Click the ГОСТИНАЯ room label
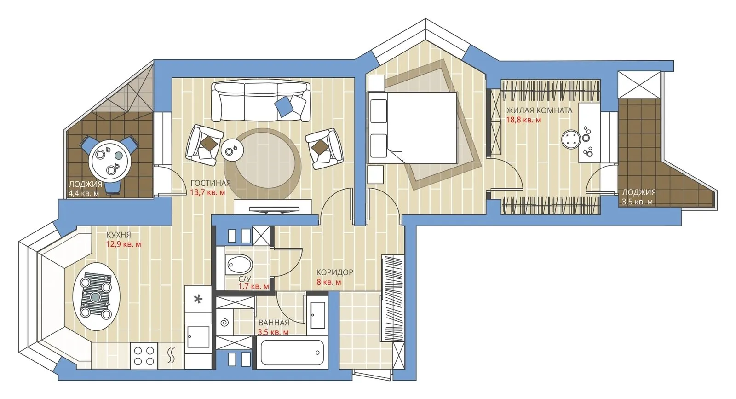pyautogui.click(x=210, y=183)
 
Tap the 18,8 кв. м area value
pyautogui.click(x=523, y=120)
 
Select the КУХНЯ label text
pyautogui.click(x=118, y=235)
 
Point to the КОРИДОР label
pyautogui.click(x=334, y=272)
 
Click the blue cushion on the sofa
pyautogui.click(x=284, y=107)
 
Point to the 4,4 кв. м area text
pyautogui.click(x=83, y=194)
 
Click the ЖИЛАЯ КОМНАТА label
pyautogui.click(x=539, y=110)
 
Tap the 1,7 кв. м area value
pyautogui.click(x=253, y=287)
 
